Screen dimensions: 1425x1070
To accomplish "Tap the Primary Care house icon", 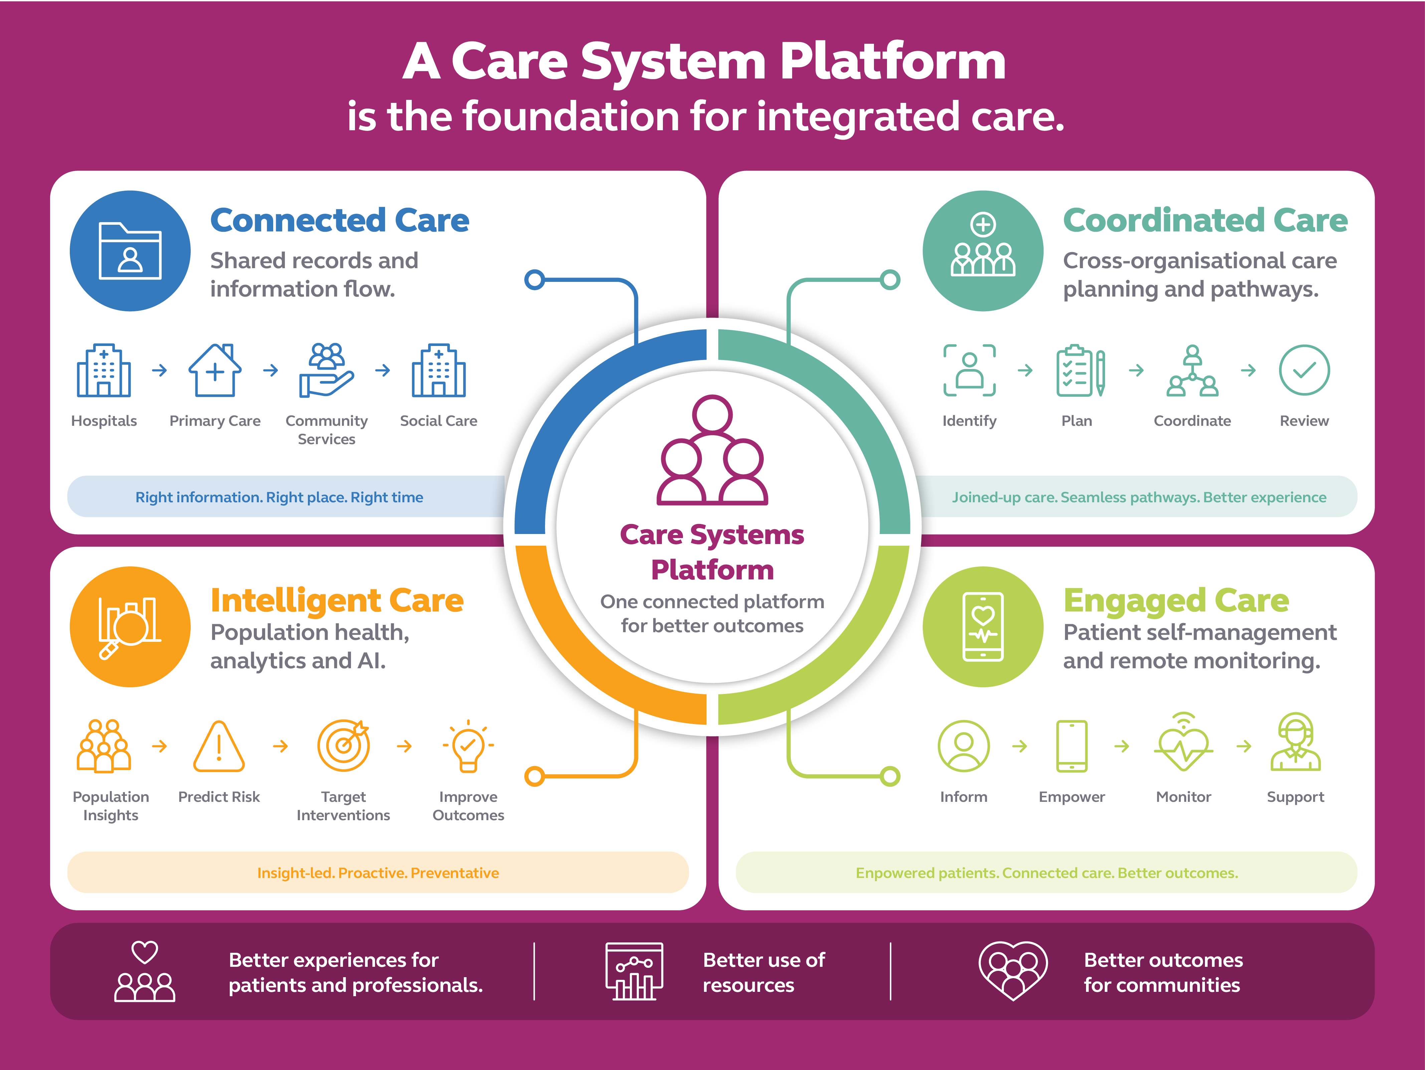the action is click(x=215, y=370).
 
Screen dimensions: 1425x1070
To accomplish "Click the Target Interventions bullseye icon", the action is click(x=343, y=745).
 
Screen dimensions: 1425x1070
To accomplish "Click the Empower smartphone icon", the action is click(x=1072, y=746).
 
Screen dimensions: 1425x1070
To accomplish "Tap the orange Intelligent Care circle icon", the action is click(x=130, y=627).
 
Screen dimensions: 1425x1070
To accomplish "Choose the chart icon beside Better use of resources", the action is click(x=634, y=971).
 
